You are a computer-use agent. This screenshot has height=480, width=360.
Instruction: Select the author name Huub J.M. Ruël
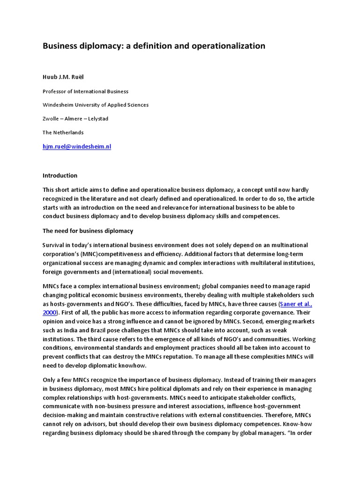point(65,77)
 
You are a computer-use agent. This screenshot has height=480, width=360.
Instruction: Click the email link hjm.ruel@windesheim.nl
point(77,147)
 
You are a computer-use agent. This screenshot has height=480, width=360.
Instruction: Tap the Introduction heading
point(60,176)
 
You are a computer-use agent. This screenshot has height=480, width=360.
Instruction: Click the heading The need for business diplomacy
point(88,231)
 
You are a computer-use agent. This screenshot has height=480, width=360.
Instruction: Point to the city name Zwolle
point(52,119)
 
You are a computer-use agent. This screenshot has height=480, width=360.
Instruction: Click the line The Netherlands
point(63,133)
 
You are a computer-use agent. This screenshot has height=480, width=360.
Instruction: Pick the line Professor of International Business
point(85,91)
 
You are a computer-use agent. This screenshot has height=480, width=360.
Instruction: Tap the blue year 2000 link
point(50,312)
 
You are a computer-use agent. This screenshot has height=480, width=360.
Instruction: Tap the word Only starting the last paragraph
point(50,380)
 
